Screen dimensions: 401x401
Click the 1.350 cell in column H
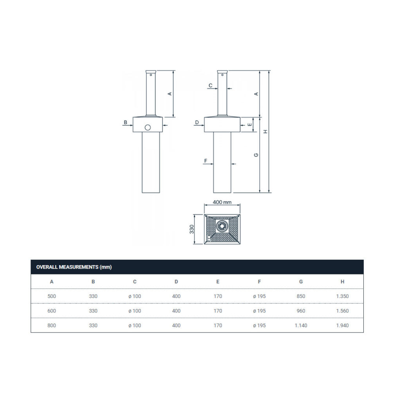click(342, 296)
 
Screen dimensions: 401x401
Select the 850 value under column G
click(301, 296)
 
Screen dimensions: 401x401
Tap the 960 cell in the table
click(301, 311)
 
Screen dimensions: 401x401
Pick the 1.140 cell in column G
click(301, 325)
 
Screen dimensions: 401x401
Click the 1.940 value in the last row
click(342, 325)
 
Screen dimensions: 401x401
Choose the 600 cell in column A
click(52, 311)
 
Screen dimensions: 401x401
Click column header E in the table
click(218, 282)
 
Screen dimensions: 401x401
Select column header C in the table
click(135, 282)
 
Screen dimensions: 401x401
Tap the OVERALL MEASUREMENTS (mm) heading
click(74, 267)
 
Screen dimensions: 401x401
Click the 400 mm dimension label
click(222, 202)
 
